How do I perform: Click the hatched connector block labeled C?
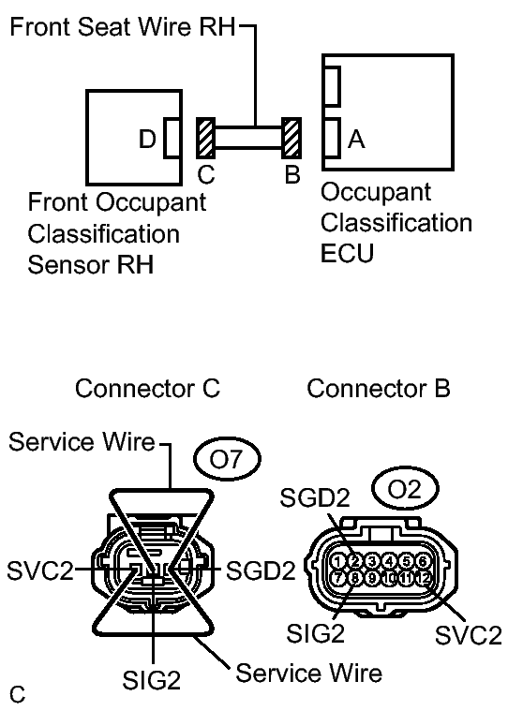click(206, 139)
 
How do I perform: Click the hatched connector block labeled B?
click(291, 139)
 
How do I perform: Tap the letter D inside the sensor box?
click(146, 140)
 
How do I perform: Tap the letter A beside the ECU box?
click(355, 140)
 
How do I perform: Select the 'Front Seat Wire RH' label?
click(124, 26)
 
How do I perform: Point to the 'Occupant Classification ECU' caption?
click(396, 223)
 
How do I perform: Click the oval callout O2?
click(396, 489)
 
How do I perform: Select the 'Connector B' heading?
click(378, 388)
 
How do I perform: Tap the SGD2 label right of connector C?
click(259, 569)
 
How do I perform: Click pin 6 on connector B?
click(424, 561)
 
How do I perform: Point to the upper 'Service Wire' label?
click(82, 442)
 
